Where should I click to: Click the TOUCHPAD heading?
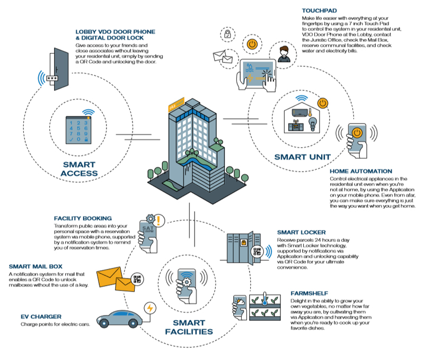(320, 11)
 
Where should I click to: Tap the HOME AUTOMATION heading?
(361, 171)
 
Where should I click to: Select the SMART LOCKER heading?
(301, 232)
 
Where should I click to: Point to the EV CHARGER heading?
(41, 317)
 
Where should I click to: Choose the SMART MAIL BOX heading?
(36, 266)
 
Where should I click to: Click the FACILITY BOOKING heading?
(83, 218)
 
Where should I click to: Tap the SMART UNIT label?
(302, 157)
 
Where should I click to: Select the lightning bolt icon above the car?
(150, 308)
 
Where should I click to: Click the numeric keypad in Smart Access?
(78, 130)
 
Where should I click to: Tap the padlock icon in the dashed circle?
(227, 34)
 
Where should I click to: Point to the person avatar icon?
(284, 55)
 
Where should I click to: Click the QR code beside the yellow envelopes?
(137, 279)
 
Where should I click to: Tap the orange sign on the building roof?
(176, 104)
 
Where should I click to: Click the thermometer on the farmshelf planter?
(264, 299)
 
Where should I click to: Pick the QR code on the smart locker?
(257, 251)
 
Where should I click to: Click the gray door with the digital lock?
(60, 69)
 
